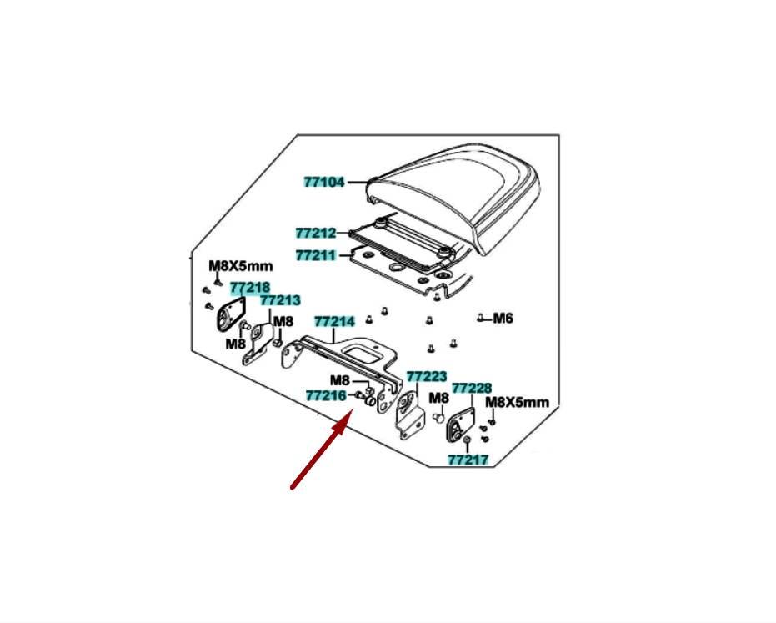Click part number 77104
tap(324, 183)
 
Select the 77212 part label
tap(316, 233)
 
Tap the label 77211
tap(316, 255)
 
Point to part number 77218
tap(250, 287)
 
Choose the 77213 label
tap(280, 300)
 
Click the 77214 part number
tap(335, 322)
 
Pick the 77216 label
tap(326, 395)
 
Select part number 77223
tap(427, 377)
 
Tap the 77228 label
tap(472, 389)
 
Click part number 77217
tap(468, 460)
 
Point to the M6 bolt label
tap(503, 318)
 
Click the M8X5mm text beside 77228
tap(517, 402)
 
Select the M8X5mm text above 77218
tap(241, 266)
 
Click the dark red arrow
tap(322, 448)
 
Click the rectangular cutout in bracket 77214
tap(364, 355)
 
